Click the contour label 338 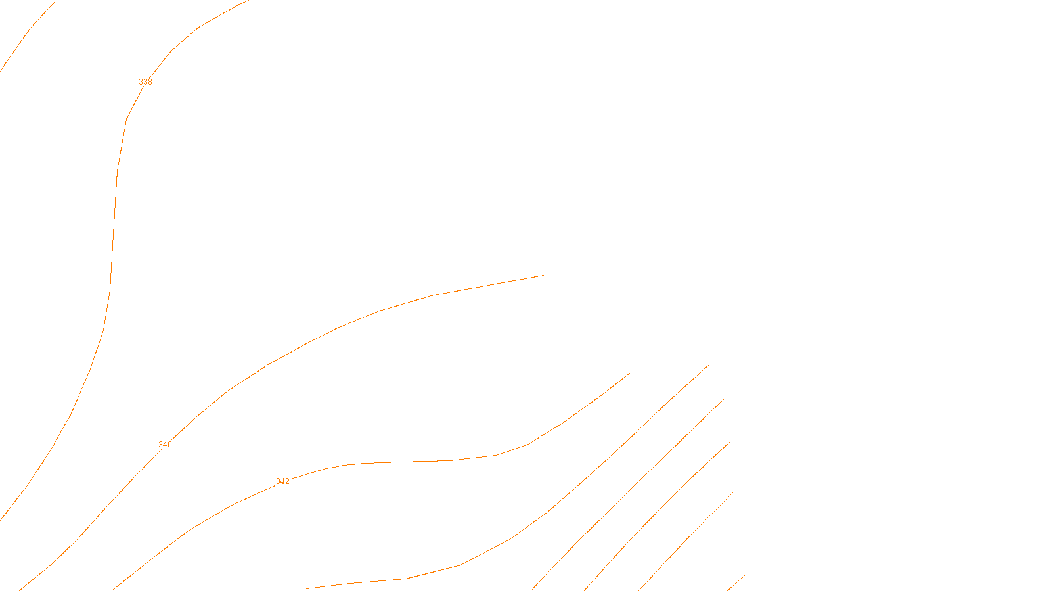click(145, 82)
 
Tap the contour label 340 click(165, 445)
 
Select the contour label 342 click(282, 481)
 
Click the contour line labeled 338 click(114, 230)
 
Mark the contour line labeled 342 click(407, 462)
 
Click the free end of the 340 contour click(543, 276)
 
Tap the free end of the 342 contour click(629, 374)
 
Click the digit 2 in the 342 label click(287, 481)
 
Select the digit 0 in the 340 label click(169, 445)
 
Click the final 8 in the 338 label click(150, 82)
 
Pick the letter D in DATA click(548, 580)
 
